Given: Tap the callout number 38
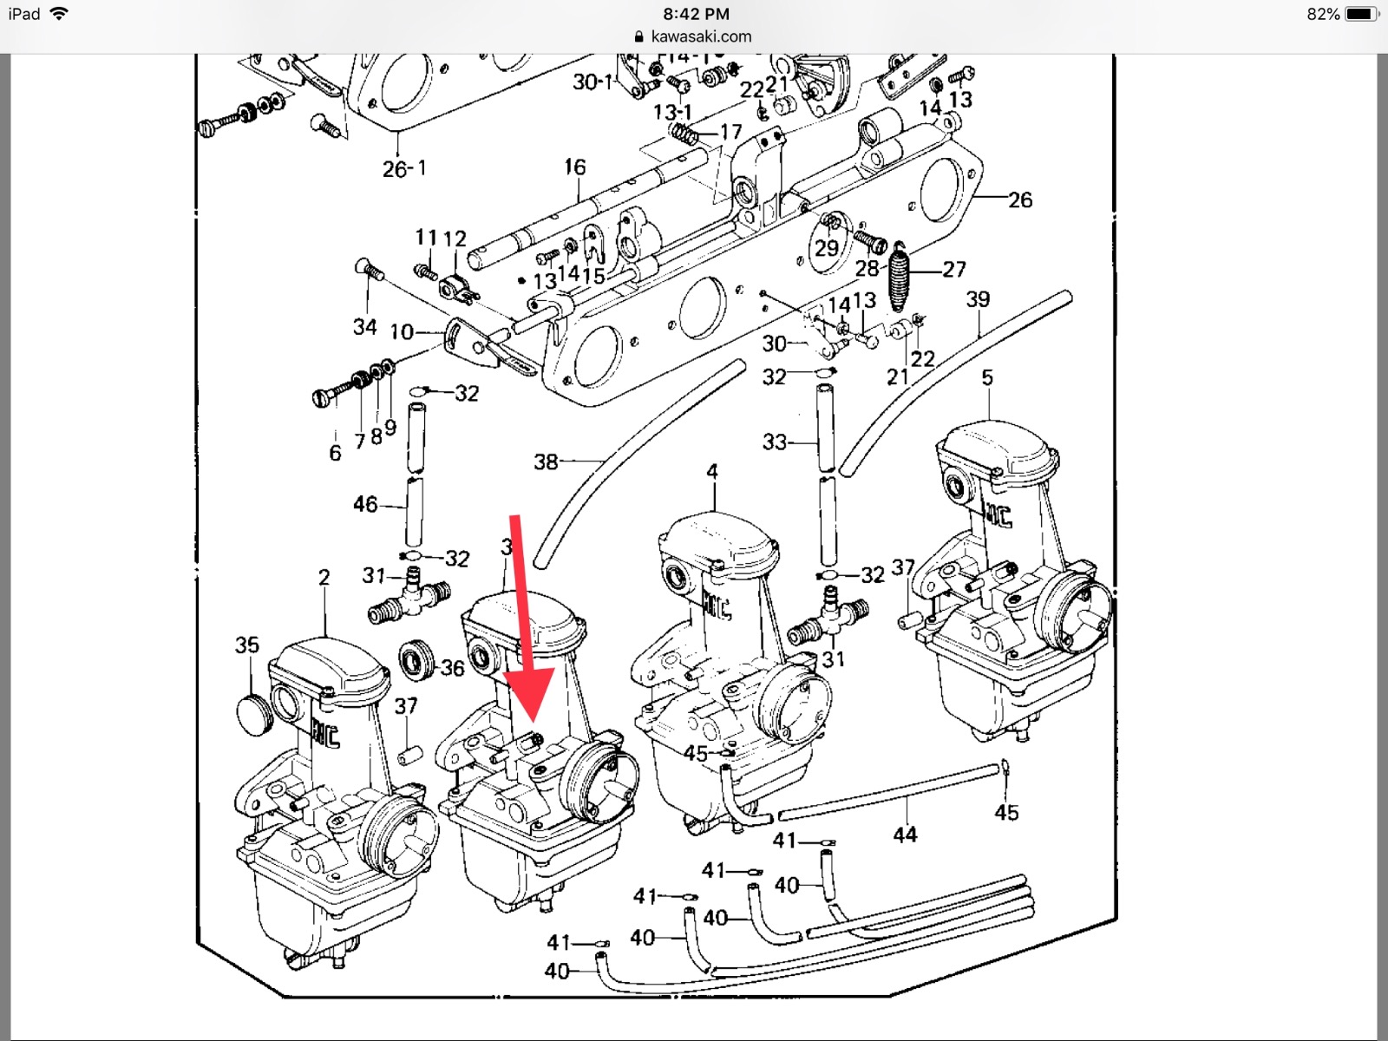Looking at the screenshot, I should click(546, 462).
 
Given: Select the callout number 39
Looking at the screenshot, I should click(978, 299).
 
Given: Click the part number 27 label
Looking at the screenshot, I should click(954, 269).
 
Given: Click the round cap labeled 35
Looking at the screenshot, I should click(253, 714).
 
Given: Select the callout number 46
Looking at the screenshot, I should click(365, 504).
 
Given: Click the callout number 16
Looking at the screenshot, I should click(575, 167).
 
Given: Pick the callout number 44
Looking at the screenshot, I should click(905, 835).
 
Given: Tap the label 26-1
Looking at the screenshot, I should click(404, 168).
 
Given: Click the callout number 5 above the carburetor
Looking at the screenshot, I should click(987, 377).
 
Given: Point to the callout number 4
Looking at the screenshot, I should click(712, 471).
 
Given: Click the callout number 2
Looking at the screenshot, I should click(324, 577).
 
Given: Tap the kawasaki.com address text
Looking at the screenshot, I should click(701, 36).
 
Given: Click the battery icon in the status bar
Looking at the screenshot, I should click(1360, 14).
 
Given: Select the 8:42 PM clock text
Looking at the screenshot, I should click(696, 14).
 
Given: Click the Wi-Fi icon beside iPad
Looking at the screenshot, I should click(59, 14).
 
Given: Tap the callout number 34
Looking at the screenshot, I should click(364, 326).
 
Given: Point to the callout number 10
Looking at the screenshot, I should click(402, 331).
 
